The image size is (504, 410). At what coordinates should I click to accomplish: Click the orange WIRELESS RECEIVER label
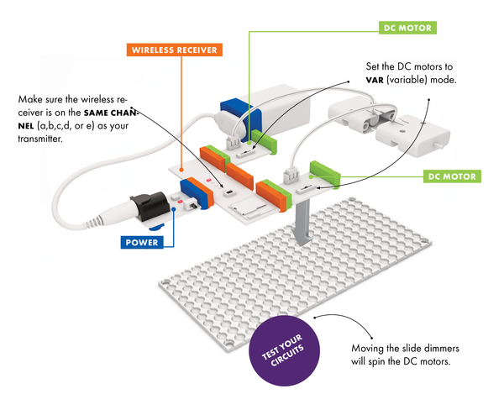176,50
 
